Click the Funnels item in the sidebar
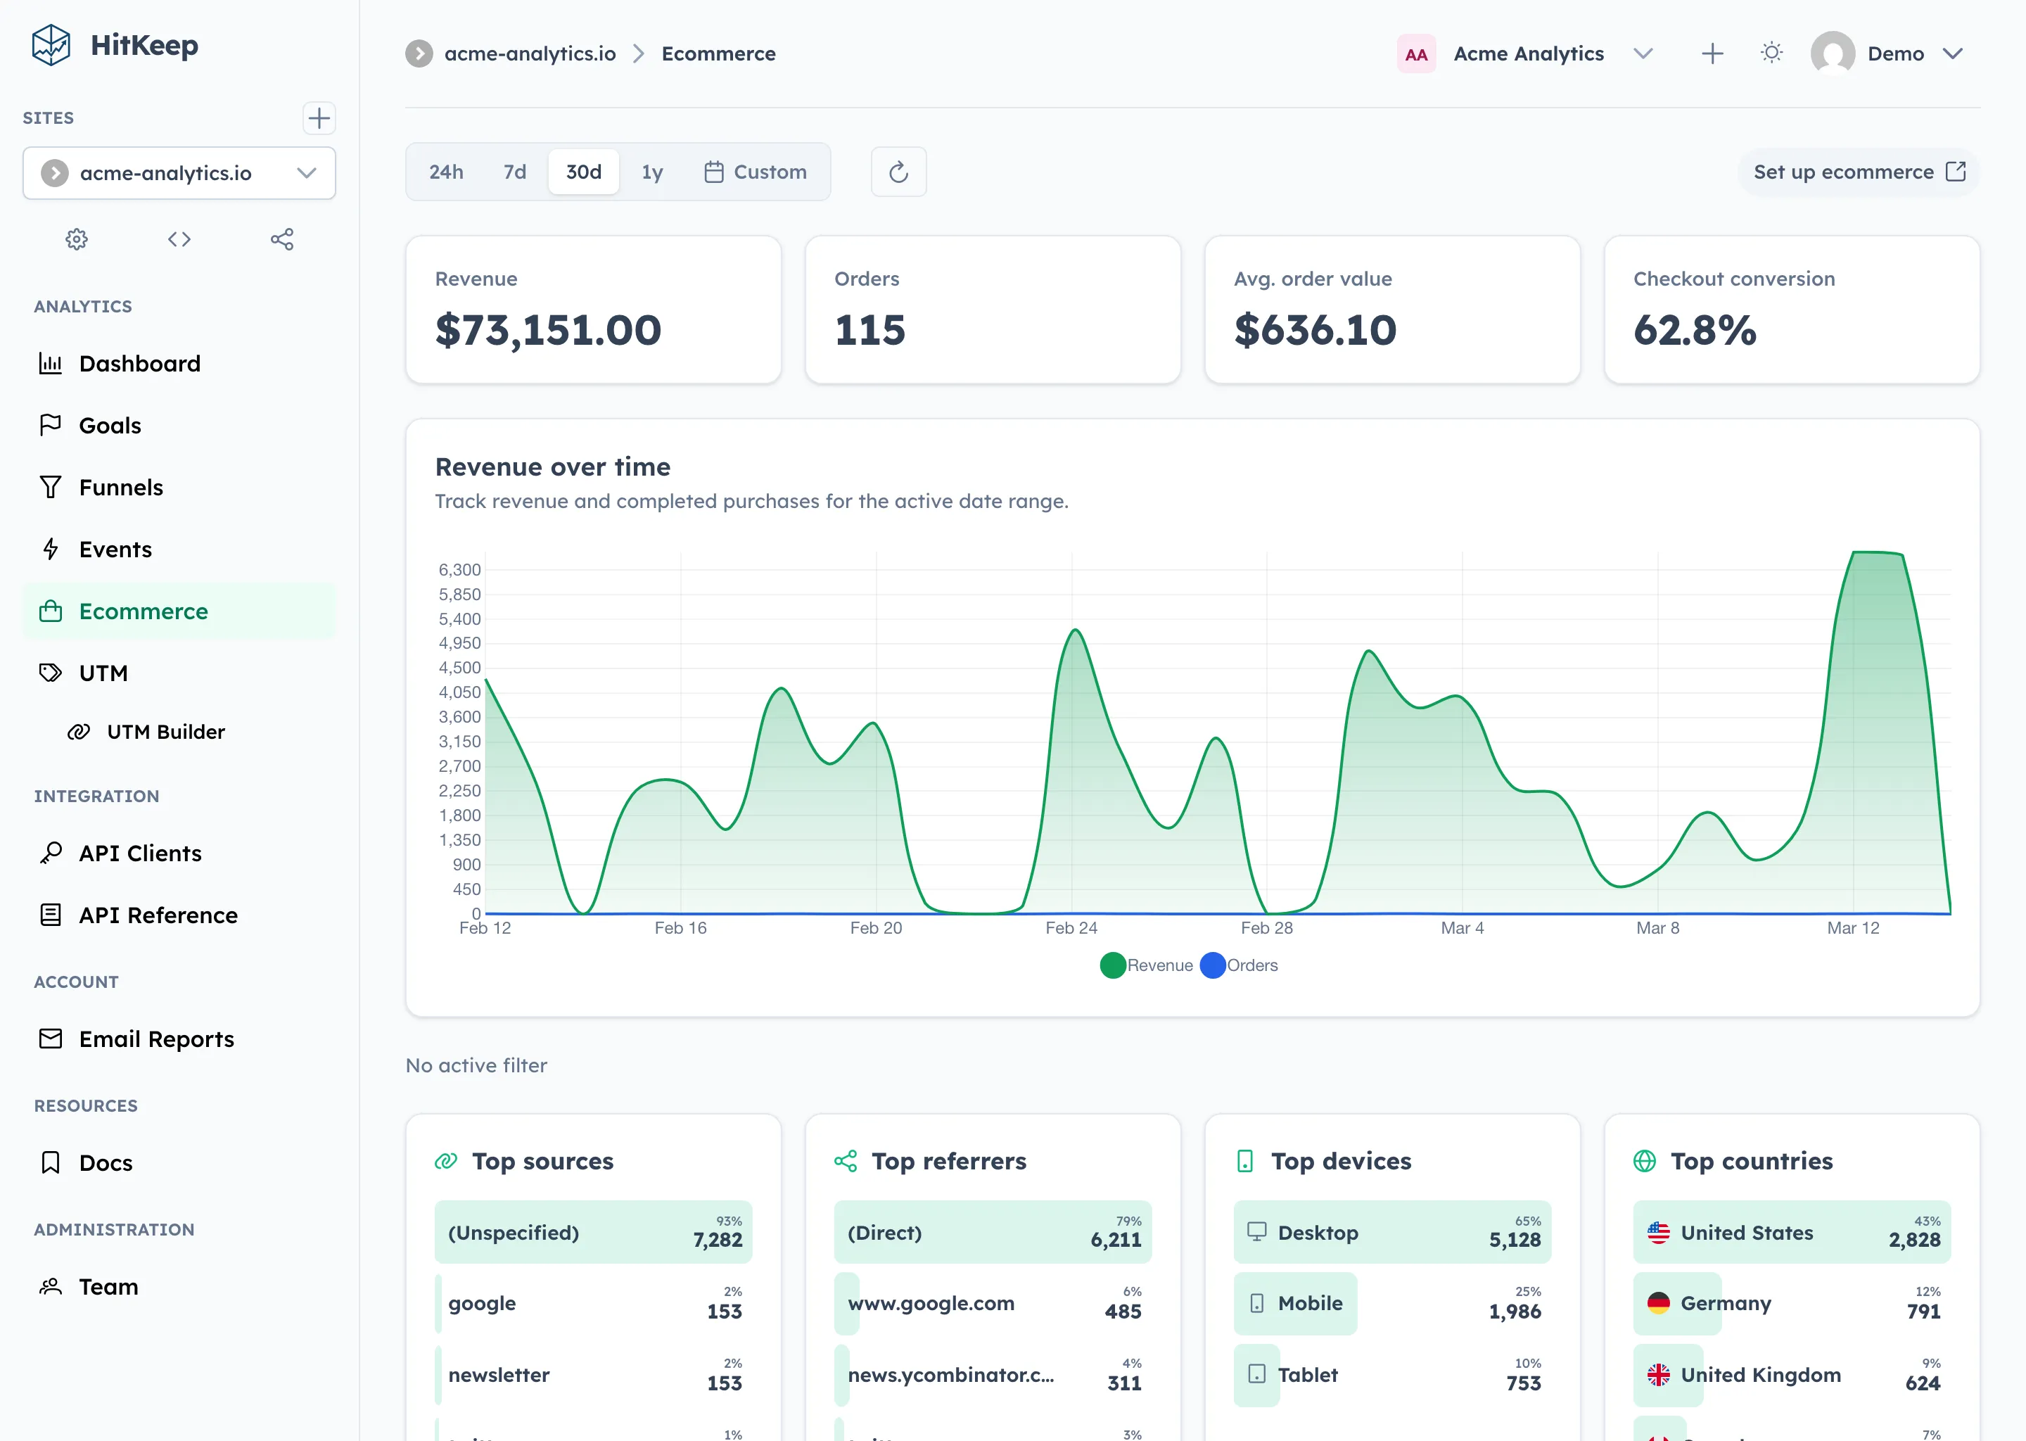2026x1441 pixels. [120, 487]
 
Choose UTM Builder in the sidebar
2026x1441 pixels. [165, 732]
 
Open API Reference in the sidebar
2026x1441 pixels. [158, 915]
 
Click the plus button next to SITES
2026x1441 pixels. [319, 118]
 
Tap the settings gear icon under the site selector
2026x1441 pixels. [77, 239]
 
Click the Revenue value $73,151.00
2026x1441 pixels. [548, 330]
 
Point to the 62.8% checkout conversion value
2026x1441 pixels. [1694, 330]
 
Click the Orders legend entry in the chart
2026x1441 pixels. [1240, 965]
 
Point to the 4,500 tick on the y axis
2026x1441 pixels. [459, 667]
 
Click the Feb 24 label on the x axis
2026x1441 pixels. [1071, 928]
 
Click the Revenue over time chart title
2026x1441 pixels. [553, 466]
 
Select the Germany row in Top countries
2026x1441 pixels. [1791, 1304]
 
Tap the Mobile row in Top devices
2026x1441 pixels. [1391, 1304]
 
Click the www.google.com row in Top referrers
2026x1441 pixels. [992, 1304]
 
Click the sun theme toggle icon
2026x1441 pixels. [1771, 53]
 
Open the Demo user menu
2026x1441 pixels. [1890, 53]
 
